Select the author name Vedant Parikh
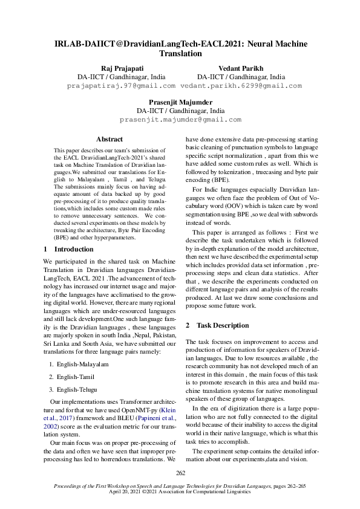click(x=241, y=68)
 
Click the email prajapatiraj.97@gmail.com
click(x=120, y=86)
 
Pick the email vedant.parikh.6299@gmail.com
click(x=241, y=86)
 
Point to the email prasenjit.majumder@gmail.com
click(x=180, y=120)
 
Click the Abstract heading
click(x=110, y=139)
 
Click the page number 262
click(x=180, y=473)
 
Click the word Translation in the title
click(x=180, y=53)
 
